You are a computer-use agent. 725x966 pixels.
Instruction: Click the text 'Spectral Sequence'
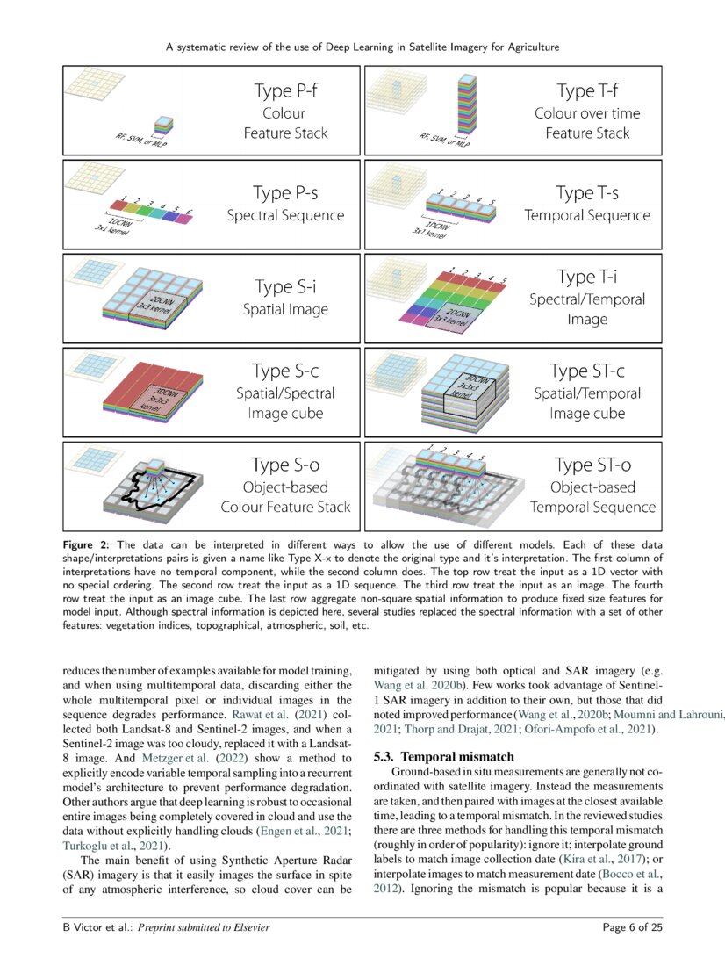285,215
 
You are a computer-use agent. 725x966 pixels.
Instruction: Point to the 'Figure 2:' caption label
86,545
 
